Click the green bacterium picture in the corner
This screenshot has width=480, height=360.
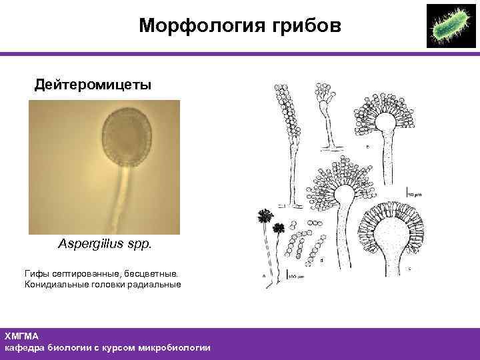(450, 26)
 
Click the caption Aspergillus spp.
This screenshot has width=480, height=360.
(105, 244)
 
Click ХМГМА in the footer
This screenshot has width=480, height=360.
(21, 336)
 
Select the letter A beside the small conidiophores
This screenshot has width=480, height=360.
(264, 275)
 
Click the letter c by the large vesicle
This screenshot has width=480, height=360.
(408, 268)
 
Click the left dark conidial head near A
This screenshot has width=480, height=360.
(265, 216)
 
